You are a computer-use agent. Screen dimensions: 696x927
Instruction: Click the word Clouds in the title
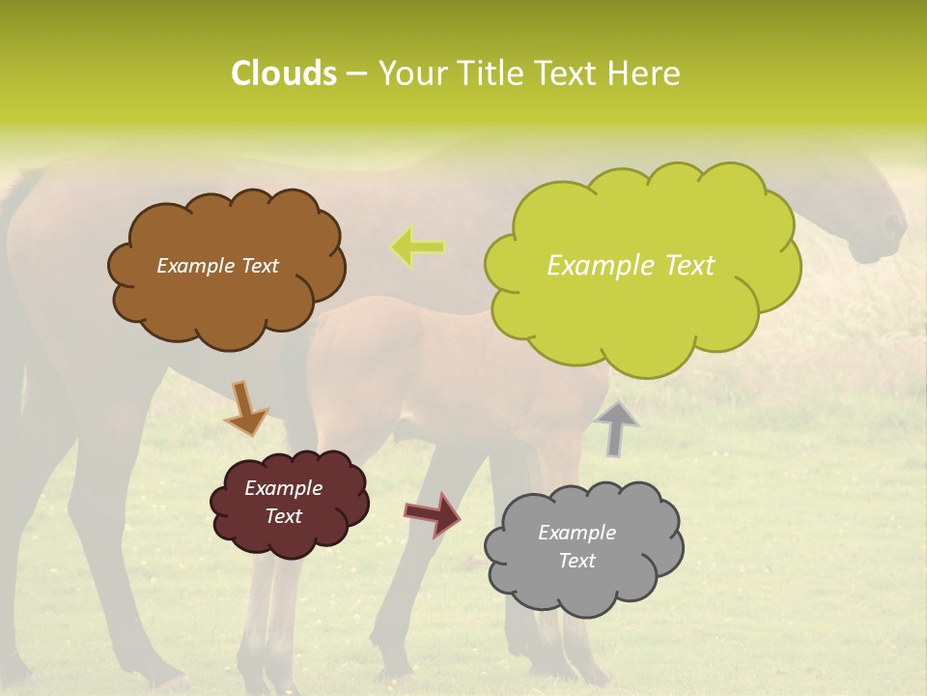pos(283,73)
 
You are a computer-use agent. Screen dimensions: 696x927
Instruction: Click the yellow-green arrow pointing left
pos(418,246)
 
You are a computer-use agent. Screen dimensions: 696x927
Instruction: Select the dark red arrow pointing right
pos(432,513)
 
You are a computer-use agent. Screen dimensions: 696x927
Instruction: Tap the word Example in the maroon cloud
pos(283,488)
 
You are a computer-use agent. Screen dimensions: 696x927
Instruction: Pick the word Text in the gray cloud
pos(576,561)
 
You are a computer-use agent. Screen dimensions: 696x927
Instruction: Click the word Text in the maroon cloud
pos(283,516)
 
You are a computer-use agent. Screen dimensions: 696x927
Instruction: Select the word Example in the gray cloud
pos(576,533)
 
